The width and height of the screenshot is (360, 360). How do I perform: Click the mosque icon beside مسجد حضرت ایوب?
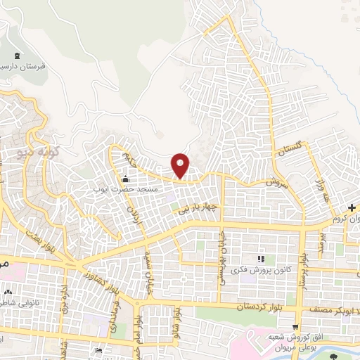click(x=126, y=178)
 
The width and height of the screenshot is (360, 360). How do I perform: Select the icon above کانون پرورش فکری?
click(x=262, y=260)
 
